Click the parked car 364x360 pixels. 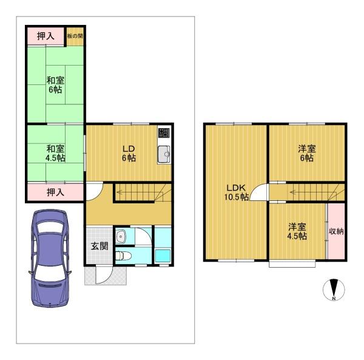click(50, 259)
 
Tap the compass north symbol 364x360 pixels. click(334, 290)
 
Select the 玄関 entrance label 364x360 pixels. click(99, 246)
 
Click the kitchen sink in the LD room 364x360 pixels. click(164, 154)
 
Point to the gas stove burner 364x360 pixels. click(164, 132)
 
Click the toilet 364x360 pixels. click(123, 256)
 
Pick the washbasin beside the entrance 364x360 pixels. click(121, 236)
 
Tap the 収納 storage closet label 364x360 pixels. click(336, 231)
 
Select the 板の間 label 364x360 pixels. click(75, 36)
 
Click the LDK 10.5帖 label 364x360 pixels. click(237, 192)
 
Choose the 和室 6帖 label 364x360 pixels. click(55, 85)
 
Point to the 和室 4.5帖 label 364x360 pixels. click(55, 153)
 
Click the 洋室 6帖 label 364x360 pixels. click(306, 153)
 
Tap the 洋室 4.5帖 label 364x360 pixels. click(297, 231)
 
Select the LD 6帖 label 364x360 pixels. click(129, 153)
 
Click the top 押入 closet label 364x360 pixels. click(45, 36)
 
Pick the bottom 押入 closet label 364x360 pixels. click(55, 192)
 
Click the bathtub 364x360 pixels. click(163, 256)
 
